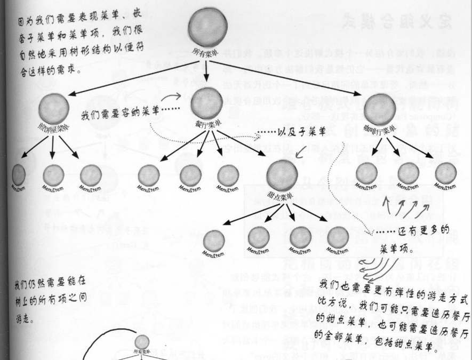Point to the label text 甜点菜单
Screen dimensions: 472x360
pos(281,196)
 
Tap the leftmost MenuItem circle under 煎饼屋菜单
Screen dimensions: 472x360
pos(19,174)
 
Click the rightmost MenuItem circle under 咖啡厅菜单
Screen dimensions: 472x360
pos(446,173)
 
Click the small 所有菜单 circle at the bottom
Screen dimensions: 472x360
pos(141,341)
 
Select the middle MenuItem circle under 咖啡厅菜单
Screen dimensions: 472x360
pos(408,173)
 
